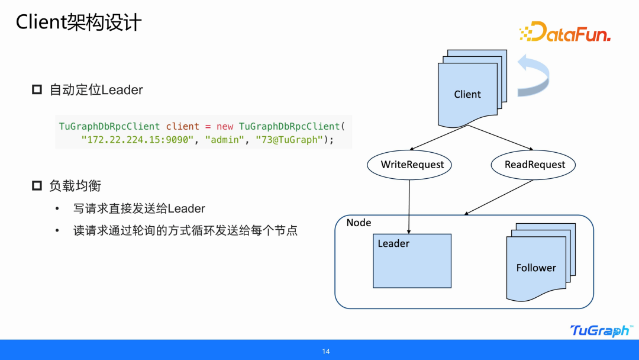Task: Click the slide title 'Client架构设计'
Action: (79, 22)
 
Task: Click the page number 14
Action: (325, 352)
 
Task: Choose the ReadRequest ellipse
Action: (535, 165)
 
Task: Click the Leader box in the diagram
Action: (412, 261)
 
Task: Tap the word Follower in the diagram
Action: (536, 268)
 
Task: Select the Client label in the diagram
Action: (467, 94)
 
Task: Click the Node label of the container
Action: (359, 223)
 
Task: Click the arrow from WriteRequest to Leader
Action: (409, 204)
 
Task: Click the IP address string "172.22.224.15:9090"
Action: (137, 140)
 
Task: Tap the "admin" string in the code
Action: (225, 140)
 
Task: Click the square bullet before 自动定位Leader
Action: (37, 90)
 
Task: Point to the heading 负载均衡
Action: (75, 186)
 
